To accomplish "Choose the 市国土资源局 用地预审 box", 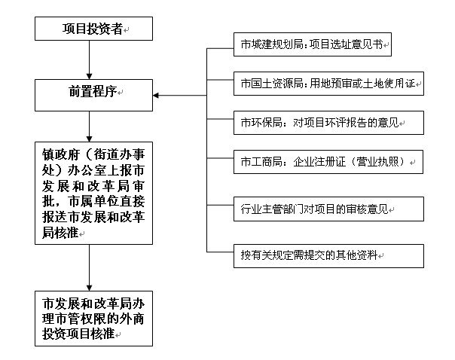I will point(328,82).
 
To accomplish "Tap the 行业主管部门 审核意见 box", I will point(316,207).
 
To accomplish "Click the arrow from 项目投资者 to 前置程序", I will point(90,59).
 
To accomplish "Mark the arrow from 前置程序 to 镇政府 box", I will point(90,124).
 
